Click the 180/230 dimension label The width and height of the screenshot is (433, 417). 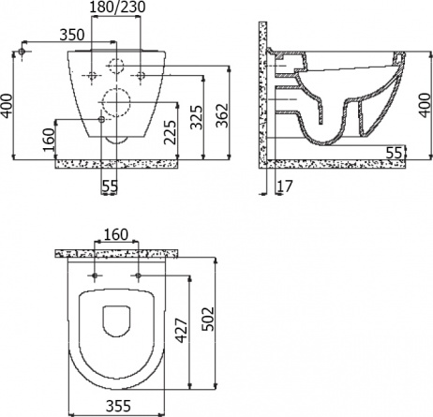(x=117, y=7)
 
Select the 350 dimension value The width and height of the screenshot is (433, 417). (x=72, y=35)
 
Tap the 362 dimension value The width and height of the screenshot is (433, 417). (x=223, y=115)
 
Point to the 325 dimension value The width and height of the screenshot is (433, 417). (x=197, y=117)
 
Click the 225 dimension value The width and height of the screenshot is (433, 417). (x=171, y=132)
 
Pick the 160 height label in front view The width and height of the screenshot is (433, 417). (x=49, y=140)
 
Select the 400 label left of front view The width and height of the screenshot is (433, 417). (x=7, y=106)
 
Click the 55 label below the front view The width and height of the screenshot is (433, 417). (x=110, y=186)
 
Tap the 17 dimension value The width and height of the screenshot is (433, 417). (x=285, y=186)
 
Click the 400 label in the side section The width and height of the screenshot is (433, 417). (x=425, y=105)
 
